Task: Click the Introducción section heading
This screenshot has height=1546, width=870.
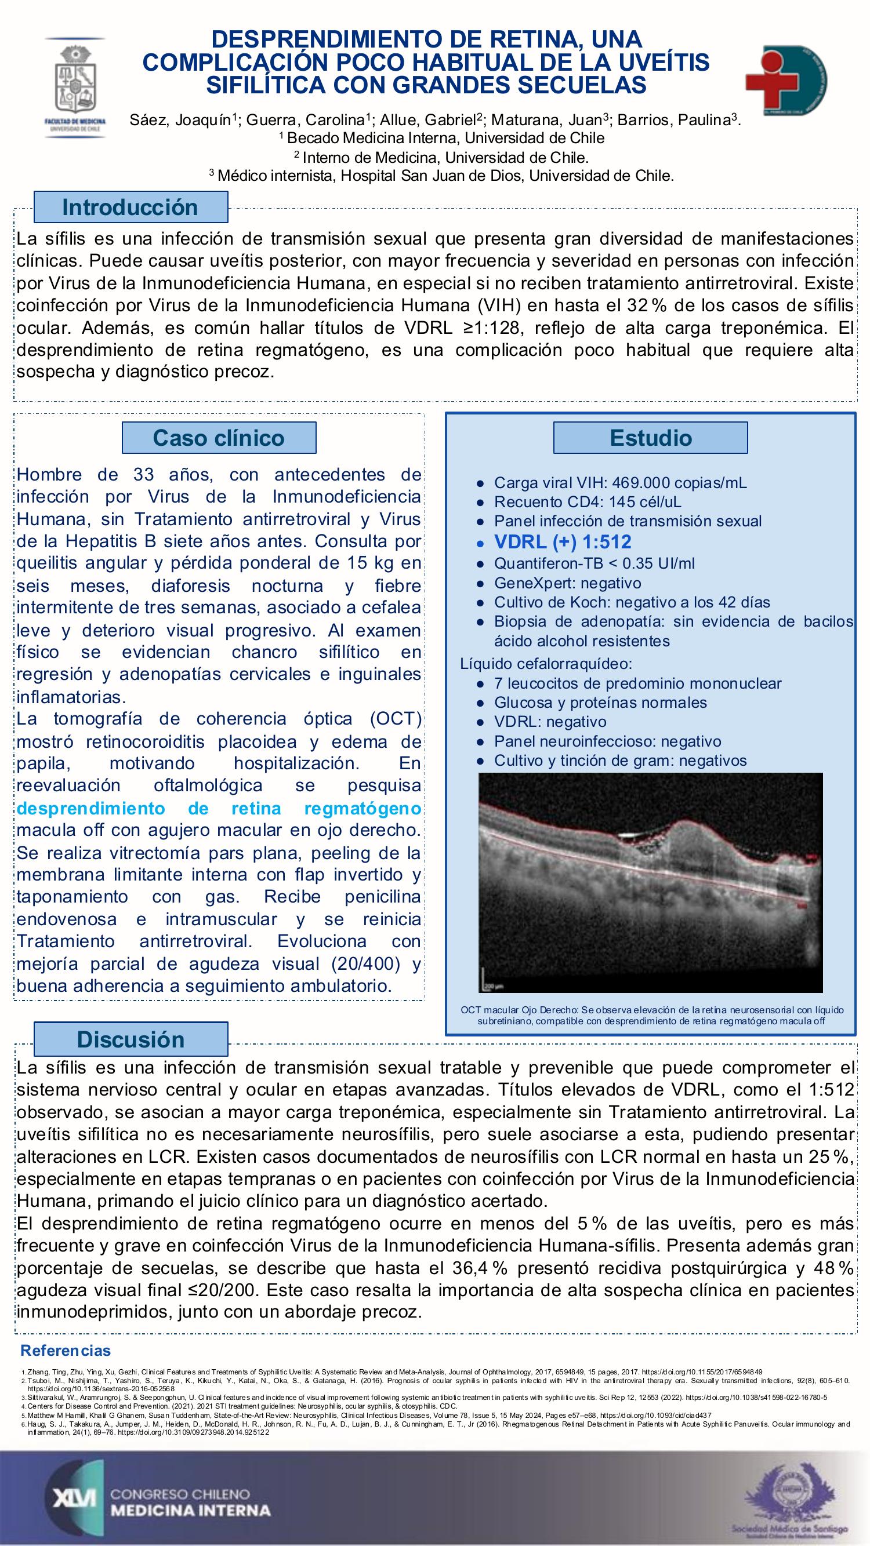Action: [130, 207]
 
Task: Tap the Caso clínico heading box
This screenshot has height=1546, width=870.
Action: [219, 438]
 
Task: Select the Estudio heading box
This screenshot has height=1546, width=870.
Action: [650, 438]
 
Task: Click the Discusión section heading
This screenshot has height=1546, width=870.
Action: [130, 1039]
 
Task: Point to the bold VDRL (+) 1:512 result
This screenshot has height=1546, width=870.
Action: [562, 542]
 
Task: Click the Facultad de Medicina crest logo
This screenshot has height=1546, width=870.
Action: [75, 87]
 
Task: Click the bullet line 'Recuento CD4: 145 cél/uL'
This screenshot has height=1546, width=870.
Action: [587, 502]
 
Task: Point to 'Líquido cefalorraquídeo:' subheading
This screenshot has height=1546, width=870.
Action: [546, 664]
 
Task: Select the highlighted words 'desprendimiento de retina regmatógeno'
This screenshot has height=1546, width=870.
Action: [219, 809]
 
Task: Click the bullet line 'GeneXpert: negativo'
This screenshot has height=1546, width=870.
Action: [567, 583]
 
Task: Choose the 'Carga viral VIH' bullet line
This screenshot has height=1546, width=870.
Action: [620, 482]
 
